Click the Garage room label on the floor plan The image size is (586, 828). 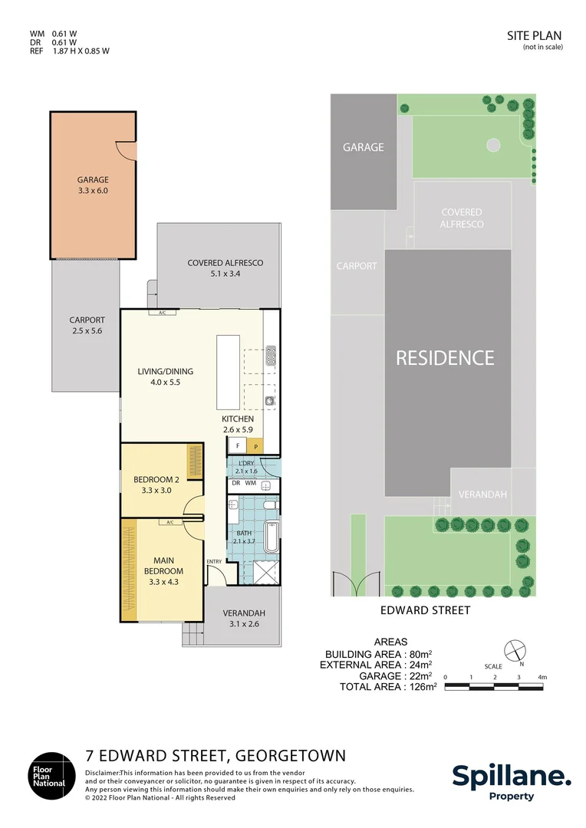coord(93,185)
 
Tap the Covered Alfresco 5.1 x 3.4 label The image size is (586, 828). coord(225,268)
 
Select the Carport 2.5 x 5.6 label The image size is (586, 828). coord(87,325)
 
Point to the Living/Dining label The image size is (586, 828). coord(165,376)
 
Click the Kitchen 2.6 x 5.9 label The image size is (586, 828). coord(237,424)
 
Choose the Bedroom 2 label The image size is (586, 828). coord(150,485)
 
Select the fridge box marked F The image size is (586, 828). coord(238,445)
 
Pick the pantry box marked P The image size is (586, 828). coord(256,445)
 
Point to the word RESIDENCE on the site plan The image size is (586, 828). coord(445,357)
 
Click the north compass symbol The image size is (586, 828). coord(514,649)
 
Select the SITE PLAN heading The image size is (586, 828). coord(535,35)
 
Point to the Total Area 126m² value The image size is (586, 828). coord(388,687)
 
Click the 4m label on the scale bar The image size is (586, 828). coord(542,677)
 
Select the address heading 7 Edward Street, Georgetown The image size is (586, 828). coord(215,755)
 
